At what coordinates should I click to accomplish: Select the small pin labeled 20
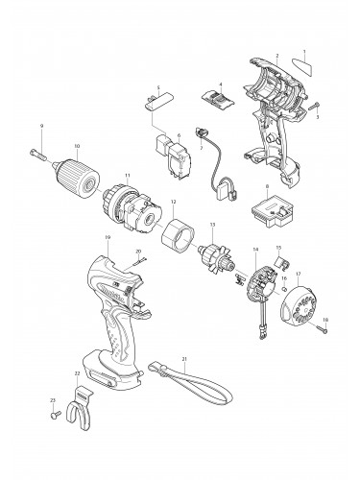tap(138, 259)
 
